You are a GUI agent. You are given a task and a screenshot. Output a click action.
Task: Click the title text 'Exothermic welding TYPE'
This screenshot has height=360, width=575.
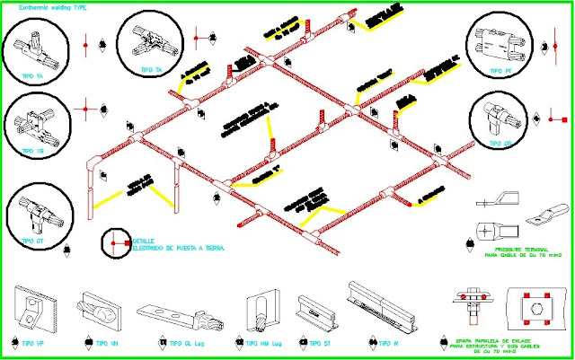[47, 5]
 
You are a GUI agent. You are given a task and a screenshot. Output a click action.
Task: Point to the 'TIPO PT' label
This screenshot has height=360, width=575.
[500, 71]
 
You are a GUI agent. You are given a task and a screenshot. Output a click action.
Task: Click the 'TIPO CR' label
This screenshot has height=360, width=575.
[501, 144]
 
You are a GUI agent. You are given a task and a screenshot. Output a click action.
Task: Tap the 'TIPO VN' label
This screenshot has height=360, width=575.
[109, 344]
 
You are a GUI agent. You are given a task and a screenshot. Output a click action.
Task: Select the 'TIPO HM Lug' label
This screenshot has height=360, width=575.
[261, 344]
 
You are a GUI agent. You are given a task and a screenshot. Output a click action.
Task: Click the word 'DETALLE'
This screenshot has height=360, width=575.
[145, 241]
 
